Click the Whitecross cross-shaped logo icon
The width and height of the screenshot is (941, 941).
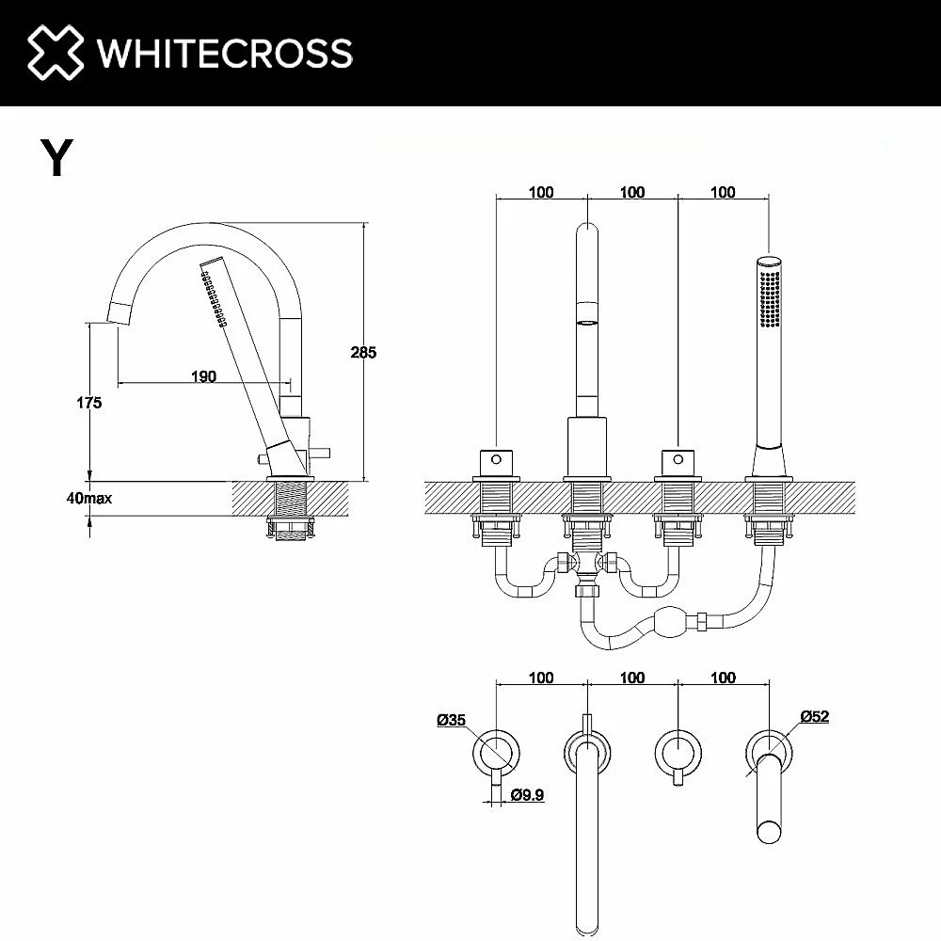tap(56, 52)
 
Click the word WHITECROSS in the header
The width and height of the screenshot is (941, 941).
tap(225, 53)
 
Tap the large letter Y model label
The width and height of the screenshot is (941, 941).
tap(57, 157)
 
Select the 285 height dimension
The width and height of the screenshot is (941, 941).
tap(363, 352)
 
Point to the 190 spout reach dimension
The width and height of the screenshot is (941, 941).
tap(203, 376)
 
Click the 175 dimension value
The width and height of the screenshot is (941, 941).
tap(88, 403)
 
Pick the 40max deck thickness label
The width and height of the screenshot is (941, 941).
tap(88, 498)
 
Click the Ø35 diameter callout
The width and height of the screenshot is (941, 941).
tap(452, 720)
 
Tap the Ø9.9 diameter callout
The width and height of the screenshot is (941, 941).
tap(528, 795)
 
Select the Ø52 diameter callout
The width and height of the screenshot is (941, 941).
tap(815, 716)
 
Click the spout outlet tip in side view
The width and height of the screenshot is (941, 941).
tap(119, 314)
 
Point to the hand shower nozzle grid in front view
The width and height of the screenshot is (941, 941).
tap(770, 299)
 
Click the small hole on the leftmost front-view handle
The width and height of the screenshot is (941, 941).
tap(496, 460)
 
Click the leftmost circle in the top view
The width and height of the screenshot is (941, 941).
tap(496, 753)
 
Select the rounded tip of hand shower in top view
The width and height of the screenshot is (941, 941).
tap(769, 832)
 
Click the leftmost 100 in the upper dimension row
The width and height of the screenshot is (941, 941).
tap(541, 192)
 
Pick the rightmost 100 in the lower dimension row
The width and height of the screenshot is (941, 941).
tap(723, 678)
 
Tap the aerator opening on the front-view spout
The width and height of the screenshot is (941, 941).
tap(587, 323)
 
